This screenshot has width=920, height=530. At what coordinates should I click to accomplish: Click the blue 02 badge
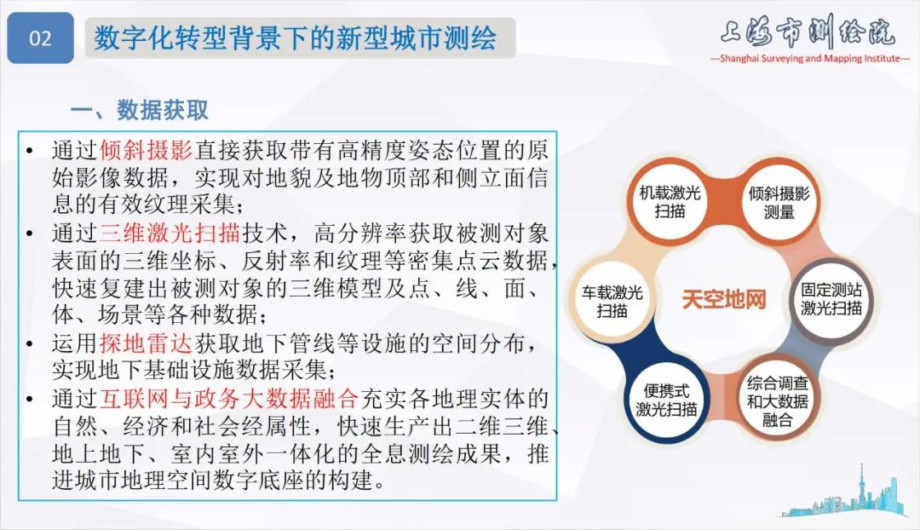click(40, 38)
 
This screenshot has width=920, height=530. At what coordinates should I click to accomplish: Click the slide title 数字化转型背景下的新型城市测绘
click(295, 38)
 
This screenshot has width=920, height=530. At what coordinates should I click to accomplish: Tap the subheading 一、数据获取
click(140, 111)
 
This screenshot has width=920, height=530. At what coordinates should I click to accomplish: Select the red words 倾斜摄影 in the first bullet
click(147, 151)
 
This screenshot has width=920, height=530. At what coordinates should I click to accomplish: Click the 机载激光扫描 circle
click(670, 201)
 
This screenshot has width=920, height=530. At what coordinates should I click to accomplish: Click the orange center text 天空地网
click(724, 300)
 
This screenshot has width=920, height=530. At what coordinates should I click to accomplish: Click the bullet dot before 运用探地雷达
click(31, 344)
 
